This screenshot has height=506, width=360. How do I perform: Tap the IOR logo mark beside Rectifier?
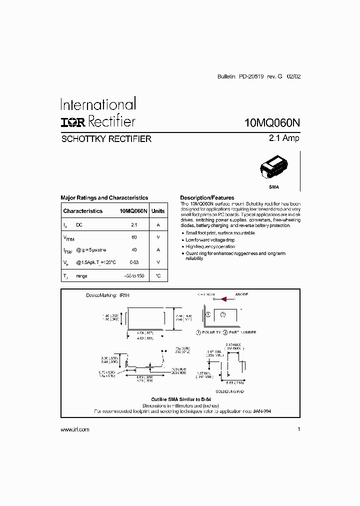coord(73,122)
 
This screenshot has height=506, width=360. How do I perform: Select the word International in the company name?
coord(98,104)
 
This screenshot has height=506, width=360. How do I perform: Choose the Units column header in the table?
coord(158,211)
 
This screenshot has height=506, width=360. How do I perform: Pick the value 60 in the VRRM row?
coord(134,237)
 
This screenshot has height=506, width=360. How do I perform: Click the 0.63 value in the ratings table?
coord(134,262)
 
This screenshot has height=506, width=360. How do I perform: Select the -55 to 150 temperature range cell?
coord(134,276)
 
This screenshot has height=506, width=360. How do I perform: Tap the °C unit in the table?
coord(158,276)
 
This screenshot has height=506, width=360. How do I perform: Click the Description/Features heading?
coord(207,198)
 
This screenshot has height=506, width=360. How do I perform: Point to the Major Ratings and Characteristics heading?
coord(104,198)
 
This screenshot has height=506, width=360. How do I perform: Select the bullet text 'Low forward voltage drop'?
coord(210,240)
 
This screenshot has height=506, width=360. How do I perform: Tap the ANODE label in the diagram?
coord(241,294)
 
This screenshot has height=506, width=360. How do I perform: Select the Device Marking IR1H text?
coord(107,296)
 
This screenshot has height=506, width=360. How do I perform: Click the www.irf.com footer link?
coord(75,429)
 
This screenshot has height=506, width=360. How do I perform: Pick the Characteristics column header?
coord(83,211)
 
